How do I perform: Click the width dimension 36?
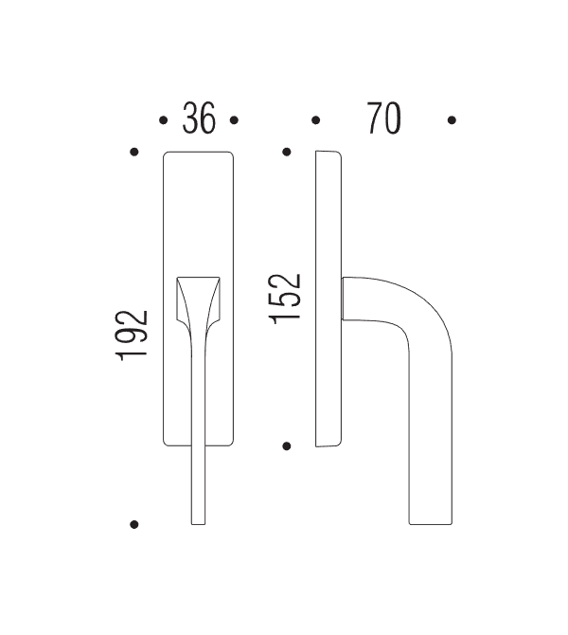(199, 120)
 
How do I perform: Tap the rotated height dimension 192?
(133, 336)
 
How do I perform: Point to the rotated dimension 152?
(285, 299)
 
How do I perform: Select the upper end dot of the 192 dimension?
(134, 152)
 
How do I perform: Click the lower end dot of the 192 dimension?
(134, 523)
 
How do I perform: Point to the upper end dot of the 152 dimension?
(287, 152)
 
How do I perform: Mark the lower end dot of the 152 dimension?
(287, 444)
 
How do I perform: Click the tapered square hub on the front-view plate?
(199, 298)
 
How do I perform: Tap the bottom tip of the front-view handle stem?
(198, 522)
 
